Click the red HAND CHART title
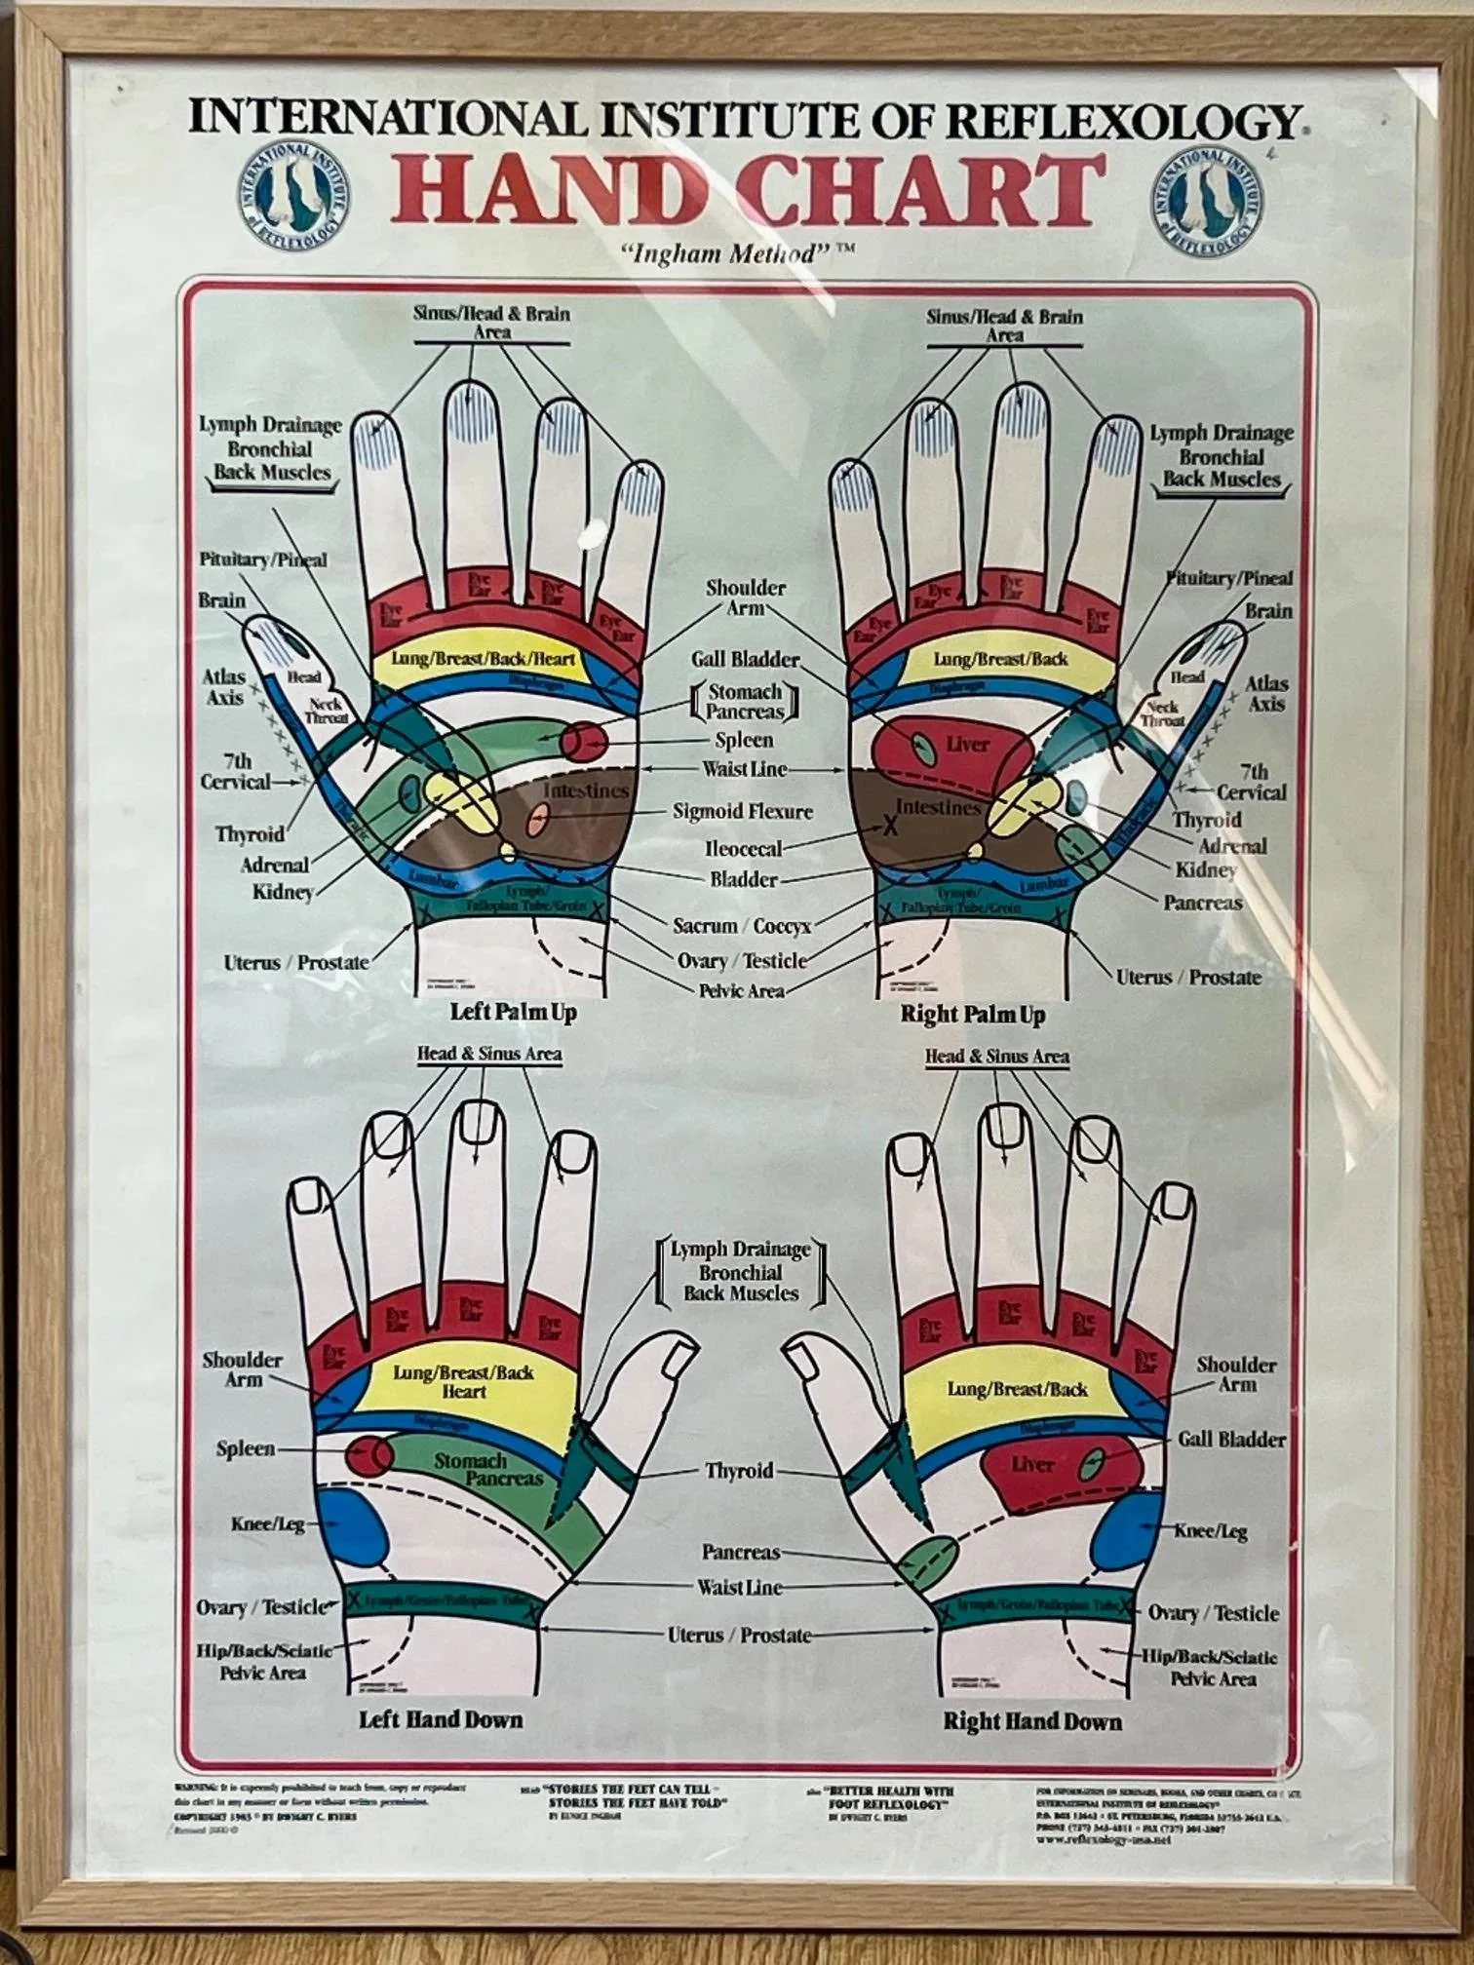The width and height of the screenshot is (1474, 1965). pos(749,189)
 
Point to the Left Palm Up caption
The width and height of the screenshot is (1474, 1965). pos(513,1012)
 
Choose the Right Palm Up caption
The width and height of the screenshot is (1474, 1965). pos(972,1015)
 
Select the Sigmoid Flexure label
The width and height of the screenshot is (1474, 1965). pos(742,811)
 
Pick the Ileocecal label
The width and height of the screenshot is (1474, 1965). pos(743,848)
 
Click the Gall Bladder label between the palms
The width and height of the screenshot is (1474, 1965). pos(745,659)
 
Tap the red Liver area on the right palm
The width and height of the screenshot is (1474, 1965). pos(955,747)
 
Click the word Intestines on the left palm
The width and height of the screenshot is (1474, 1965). pos(585,790)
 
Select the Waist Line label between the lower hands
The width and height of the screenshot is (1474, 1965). pos(739,1587)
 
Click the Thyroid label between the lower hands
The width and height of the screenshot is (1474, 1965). pos(739,1470)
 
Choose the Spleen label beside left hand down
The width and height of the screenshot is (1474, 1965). pos(245,1448)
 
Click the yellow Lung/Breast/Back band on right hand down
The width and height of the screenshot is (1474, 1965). pos(1017,1389)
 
